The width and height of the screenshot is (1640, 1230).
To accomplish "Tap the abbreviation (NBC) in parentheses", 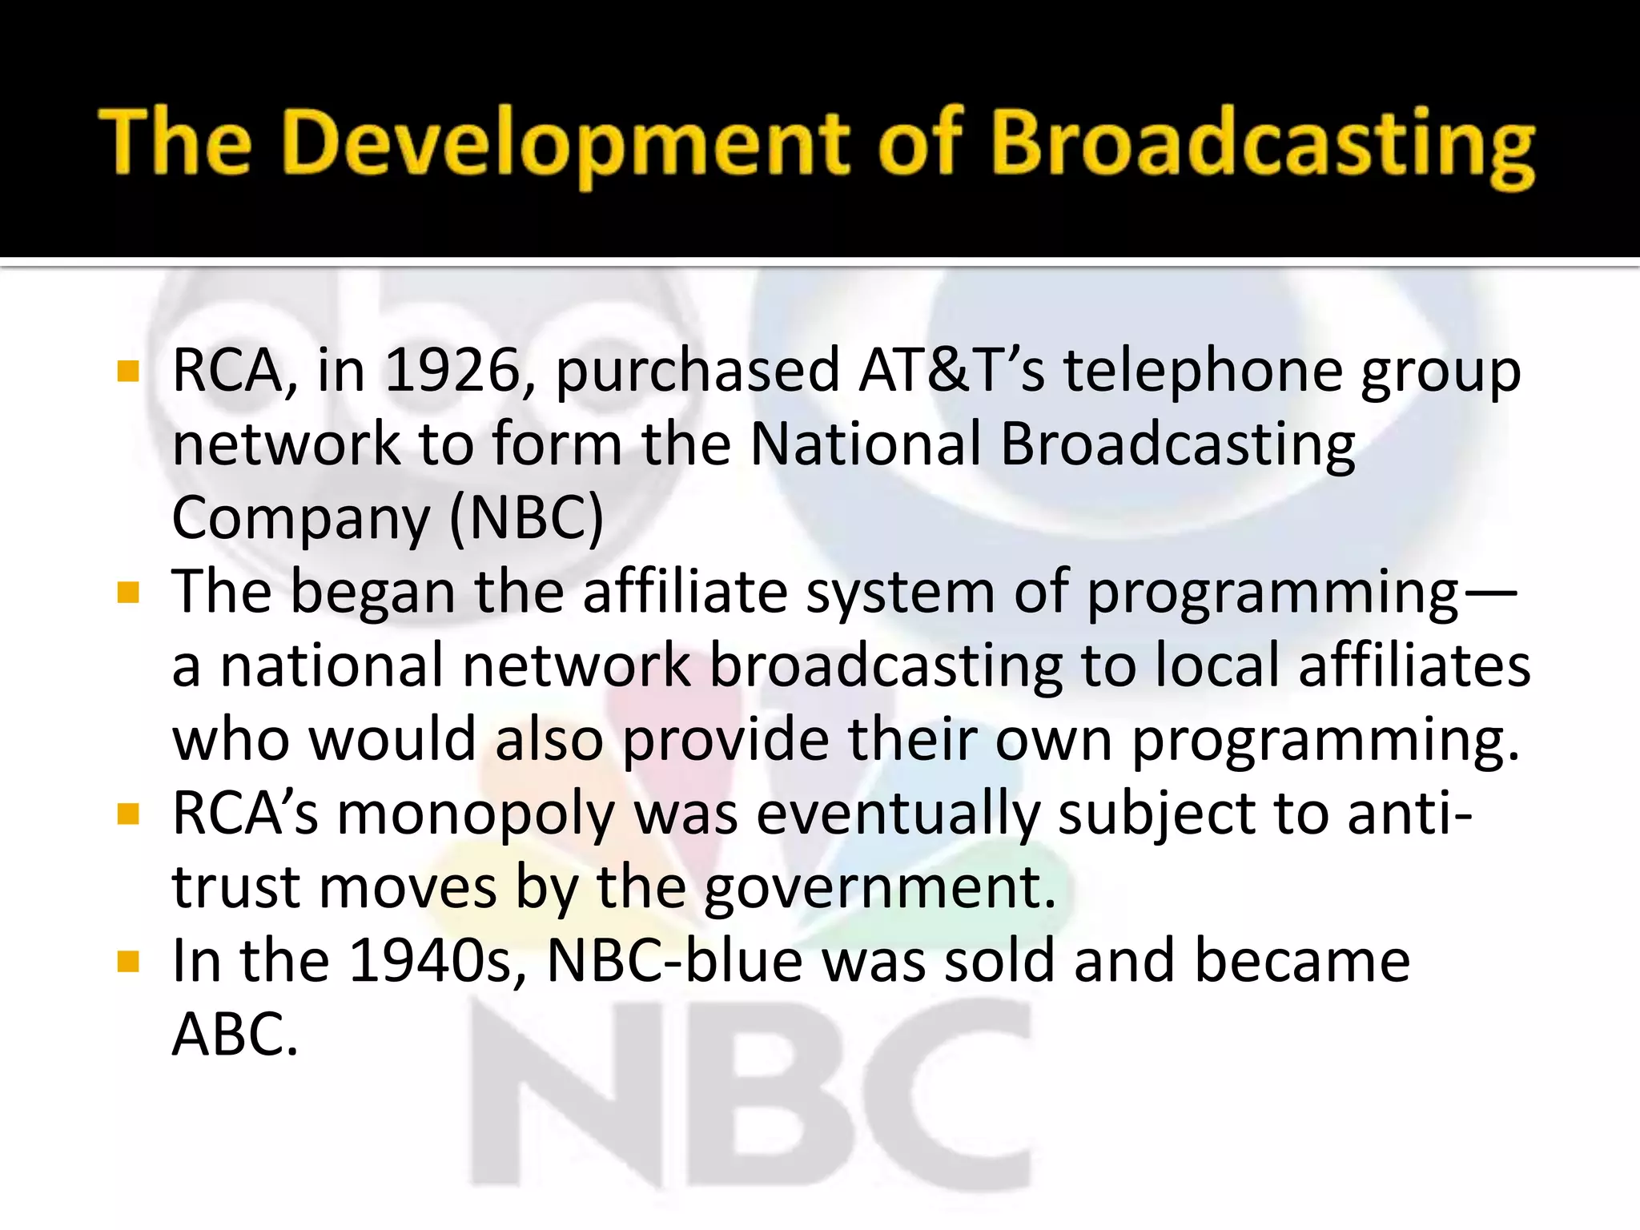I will tap(526, 518).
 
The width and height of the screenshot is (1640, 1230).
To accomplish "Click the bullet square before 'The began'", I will tap(128, 593).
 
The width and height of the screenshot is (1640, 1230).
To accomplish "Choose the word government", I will tap(880, 888).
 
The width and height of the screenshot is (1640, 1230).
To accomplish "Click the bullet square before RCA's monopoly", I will tap(128, 814).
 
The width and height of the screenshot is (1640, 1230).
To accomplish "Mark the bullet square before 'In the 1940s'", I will tap(128, 961).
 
